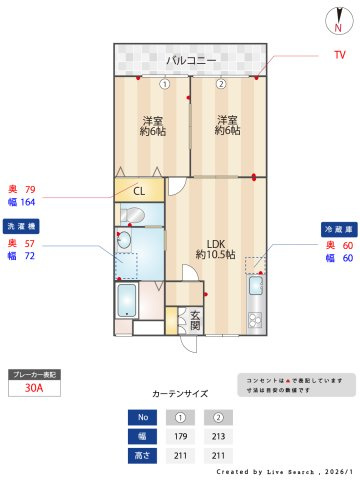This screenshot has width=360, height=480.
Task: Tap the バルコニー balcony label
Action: (191, 60)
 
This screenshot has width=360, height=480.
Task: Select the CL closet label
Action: (139, 191)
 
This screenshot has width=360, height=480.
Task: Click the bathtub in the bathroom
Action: (127, 299)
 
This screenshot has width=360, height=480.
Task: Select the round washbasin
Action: (123, 240)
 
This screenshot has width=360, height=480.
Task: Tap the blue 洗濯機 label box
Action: (22, 226)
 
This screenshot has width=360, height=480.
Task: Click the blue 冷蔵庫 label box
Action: (336, 229)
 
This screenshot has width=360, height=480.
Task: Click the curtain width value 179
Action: (182, 436)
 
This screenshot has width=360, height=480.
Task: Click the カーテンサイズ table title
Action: (181, 394)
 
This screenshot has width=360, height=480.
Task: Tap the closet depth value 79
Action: (29, 189)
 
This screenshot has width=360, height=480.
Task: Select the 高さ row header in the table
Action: (142, 456)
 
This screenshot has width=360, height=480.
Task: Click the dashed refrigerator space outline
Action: (256, 265)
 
